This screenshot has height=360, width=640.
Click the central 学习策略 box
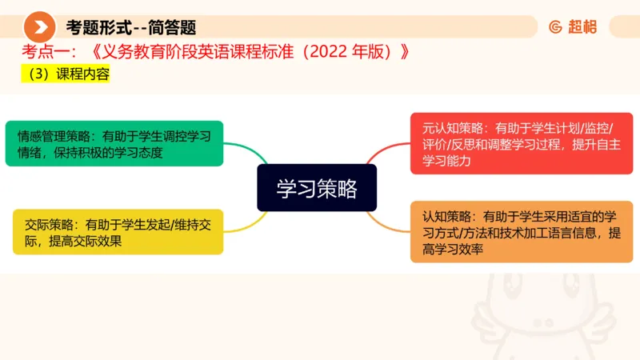click(316, 188)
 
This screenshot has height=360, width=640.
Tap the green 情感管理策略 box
click(114, 143)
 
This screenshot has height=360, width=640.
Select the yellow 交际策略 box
click(118, 232)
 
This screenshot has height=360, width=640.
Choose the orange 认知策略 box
click(522, 232)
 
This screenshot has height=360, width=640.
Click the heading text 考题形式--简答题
click(131, 27)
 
